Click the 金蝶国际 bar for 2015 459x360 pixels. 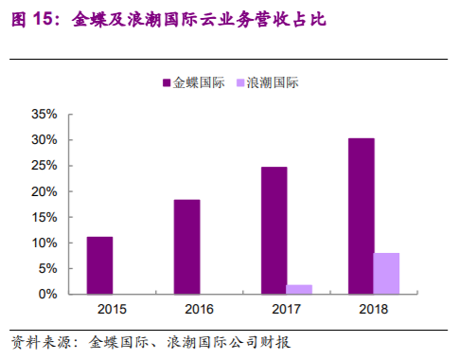99,265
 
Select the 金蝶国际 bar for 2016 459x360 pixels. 186,246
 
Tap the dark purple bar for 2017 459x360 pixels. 274,230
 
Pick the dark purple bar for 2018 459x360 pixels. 361,216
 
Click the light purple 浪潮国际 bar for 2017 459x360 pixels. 299,289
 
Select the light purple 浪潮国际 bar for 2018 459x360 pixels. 386,273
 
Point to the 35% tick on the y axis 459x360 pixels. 44,114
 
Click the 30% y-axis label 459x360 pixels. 44,139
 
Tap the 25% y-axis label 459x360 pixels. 44,165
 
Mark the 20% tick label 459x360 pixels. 44,191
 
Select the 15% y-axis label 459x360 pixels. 44,217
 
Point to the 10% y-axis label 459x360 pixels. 44,243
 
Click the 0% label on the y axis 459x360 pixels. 48,294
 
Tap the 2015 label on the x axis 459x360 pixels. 113,309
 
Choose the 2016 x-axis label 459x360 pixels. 200,309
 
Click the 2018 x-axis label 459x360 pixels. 374,309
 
